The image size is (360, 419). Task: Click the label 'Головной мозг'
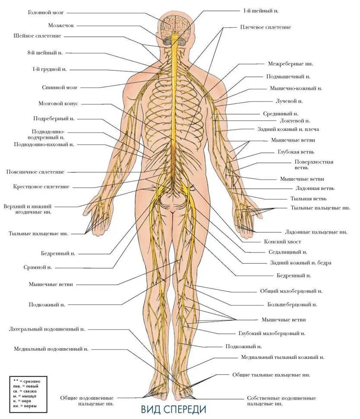47,13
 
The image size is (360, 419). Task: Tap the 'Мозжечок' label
60,25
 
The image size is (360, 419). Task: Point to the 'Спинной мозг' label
60,87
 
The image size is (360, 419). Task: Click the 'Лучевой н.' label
289,101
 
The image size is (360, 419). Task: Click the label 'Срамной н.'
38,267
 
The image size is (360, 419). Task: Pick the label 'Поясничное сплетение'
35,172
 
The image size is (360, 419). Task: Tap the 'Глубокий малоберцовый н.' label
272,333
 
